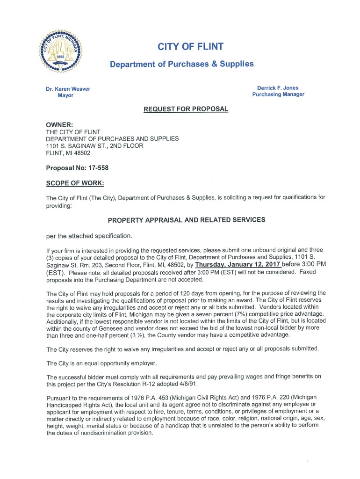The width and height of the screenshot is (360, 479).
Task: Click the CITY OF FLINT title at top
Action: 190,46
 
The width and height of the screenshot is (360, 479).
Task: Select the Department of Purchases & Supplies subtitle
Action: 181,64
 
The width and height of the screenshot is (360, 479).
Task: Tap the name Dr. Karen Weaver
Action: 68,89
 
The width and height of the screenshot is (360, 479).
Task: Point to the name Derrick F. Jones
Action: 278,88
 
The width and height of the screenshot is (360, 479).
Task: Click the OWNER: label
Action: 59,125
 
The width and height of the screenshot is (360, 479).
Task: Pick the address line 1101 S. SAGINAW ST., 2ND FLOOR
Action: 94,146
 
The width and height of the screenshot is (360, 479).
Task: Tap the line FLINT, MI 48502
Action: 68,153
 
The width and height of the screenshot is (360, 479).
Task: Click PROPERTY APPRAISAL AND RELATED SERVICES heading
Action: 187,219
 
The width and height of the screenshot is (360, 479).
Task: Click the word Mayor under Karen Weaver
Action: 65,95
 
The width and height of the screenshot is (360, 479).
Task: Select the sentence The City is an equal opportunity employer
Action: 101,363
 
